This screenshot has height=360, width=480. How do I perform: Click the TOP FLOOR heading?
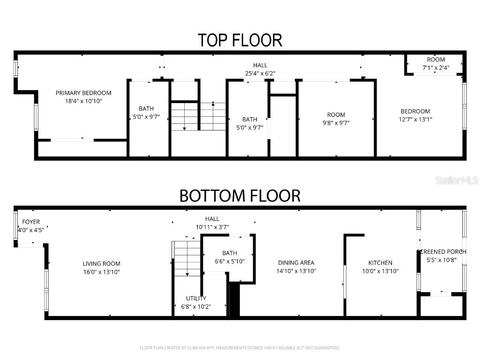click(x=240, y=40)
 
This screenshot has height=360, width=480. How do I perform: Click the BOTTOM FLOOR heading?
click(x=240, y=195)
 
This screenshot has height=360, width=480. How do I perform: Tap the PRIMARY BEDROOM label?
click(x=83, y=93)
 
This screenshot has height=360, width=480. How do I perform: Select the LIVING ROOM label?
click(x=101, y=264)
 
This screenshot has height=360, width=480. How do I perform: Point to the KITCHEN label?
click(x=380, y=263)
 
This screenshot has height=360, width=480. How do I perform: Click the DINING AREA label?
click(x=296, y=263)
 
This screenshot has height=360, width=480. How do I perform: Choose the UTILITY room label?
click(x=196, y=298)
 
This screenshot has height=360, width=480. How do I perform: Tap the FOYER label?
click(x=29, y=222)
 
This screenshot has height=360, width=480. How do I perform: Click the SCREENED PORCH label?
click(x=442, y=252)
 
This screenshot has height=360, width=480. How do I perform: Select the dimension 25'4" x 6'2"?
click(x=260, y=73)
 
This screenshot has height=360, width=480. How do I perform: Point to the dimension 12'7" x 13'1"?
click(x=415, y=119)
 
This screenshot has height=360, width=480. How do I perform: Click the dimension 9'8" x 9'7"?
click(x=336, y=123)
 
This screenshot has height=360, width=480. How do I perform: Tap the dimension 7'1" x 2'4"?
click(x=436, y=67)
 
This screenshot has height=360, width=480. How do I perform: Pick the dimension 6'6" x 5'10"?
click(x=230, y=261)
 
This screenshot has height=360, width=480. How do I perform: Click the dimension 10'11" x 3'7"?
click(x=212, y=227)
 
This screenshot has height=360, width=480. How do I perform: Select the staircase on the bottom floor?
click(x=187, y=258)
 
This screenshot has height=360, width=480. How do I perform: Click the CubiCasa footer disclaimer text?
click(x=240, y=348)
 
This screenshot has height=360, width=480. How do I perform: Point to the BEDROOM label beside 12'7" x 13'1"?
click(x=415, y=111)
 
